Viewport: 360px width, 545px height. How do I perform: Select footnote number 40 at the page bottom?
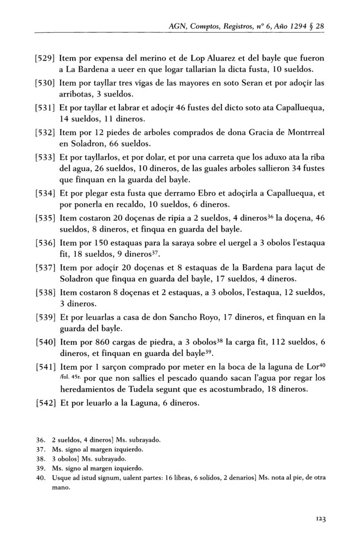(x=40, y=478)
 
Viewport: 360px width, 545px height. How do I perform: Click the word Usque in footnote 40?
(x=62, y=478)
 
